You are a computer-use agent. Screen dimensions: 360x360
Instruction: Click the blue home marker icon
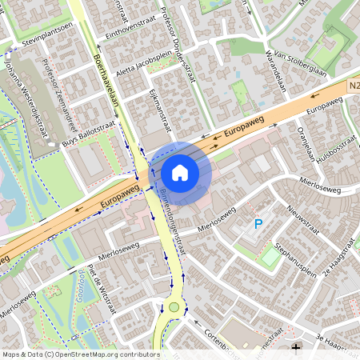coord(180,172)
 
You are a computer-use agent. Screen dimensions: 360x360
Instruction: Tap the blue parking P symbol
coord(258,225)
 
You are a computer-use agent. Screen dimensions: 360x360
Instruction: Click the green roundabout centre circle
coord(174,306)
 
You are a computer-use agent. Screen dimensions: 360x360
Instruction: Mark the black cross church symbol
coord(297,348)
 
